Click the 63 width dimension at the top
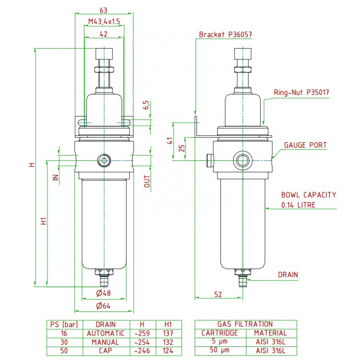[x=103, y=10]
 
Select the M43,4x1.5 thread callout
[x=104, y=22]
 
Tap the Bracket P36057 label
[x=225, y=35]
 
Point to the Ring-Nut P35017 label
[x=301, y=92]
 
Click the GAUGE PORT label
[x=306, y=145]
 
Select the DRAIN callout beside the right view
[x=288, y=274]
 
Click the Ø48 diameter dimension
[x=103, y=293]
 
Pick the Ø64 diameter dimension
[x=103, y=306]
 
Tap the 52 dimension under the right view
[x=218, y=294]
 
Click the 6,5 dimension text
[x=147, y=105]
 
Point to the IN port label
[x=56, y=177]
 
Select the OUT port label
[x=147, y=181]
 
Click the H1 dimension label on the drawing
[x=44, y=221]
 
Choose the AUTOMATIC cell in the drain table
[x=106, y=333]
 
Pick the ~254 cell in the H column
[x=142, y=342]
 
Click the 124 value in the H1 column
[x=168, y=351]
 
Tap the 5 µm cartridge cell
[x=220, y=342]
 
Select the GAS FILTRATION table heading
[x=245, y=324]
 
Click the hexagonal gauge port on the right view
[x=243, y=160]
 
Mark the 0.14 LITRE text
[x=298, y=205]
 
